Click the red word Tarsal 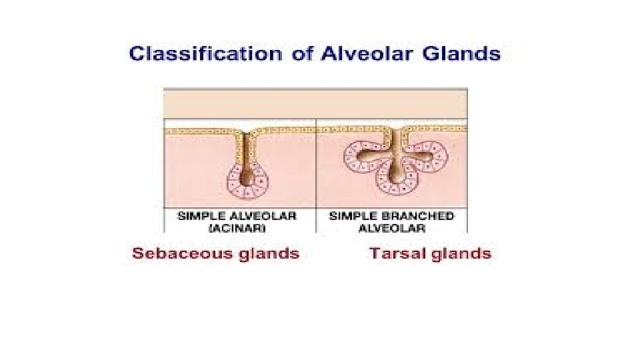click(393, 254)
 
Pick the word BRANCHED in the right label click(422, 216)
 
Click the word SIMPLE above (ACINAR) click(201, 216)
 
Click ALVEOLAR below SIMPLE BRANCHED click(392, 227)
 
